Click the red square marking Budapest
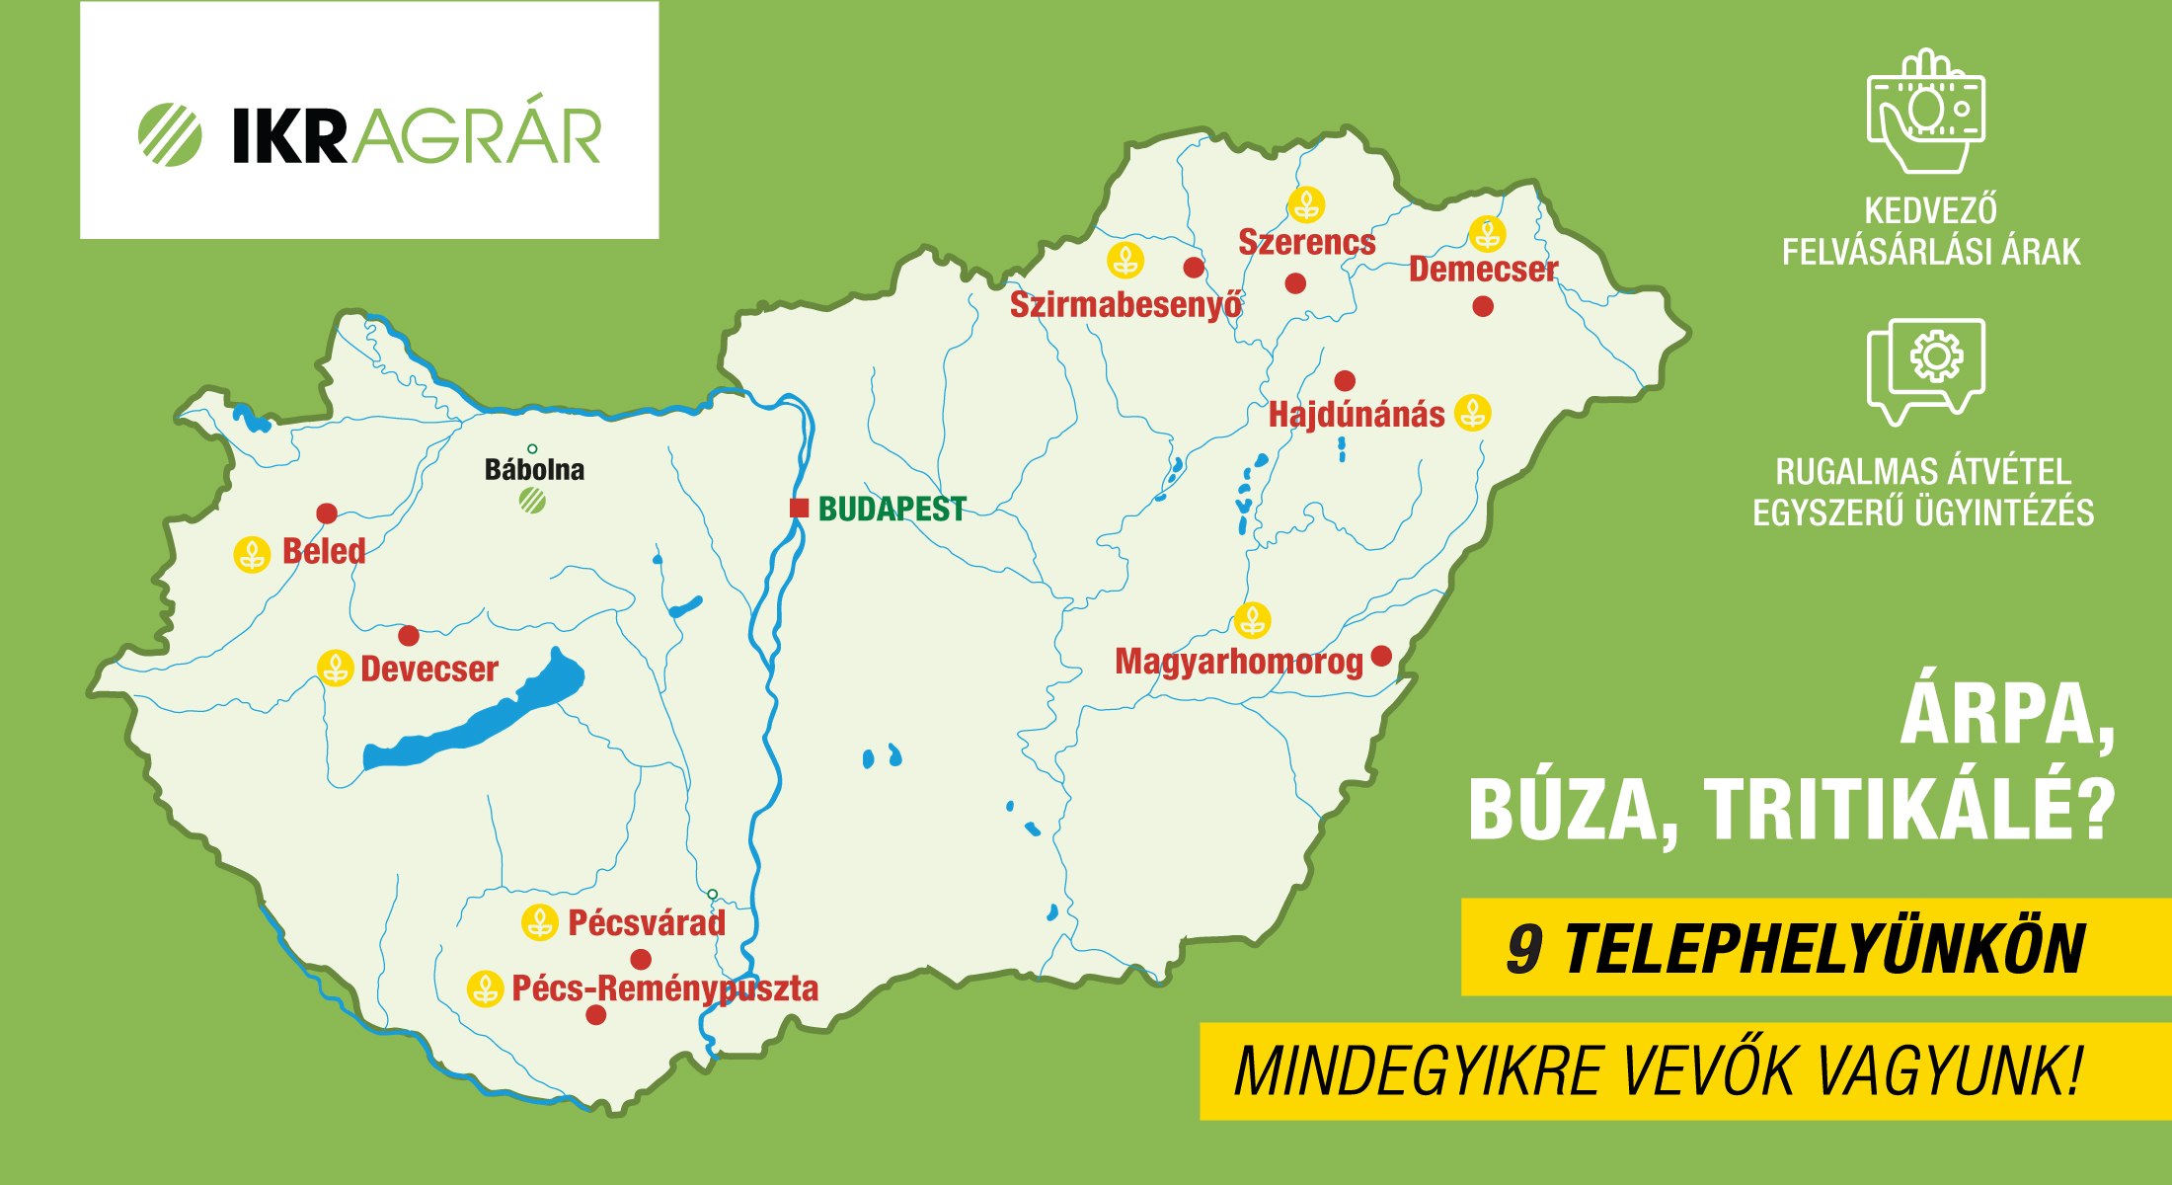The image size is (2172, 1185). (799, 509)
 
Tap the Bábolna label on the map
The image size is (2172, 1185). (534, 470)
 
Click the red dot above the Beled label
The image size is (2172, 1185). (327, 513)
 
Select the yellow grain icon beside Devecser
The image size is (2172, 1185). (336, 669)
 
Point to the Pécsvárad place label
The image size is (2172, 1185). (647, 923)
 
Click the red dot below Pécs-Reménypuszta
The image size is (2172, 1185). (596, 1015)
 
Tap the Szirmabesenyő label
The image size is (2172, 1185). (1125, 305)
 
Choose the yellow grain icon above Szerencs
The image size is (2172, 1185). (1306, 205)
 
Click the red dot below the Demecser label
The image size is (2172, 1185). (1483, 307)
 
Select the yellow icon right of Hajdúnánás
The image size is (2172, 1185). (1473, 413)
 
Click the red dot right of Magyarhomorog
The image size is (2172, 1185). (1382, 656)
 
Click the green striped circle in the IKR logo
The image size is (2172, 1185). (170, 135)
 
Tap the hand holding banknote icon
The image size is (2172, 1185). (1925, 111)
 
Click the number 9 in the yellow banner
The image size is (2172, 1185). (1523, 949)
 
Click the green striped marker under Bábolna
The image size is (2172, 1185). (532, 502)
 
